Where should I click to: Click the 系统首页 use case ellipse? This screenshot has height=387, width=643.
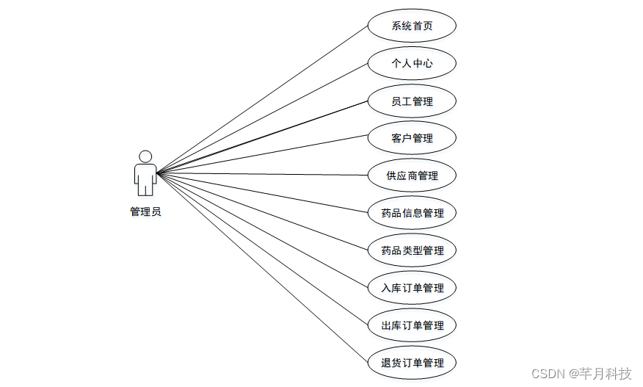click(x=412, y=26)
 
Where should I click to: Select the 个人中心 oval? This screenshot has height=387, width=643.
click(x=412, y=63)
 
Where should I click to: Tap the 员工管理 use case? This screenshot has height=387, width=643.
click(x=412, y=101)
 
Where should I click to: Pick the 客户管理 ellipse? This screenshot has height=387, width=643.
click(x=412, y=138)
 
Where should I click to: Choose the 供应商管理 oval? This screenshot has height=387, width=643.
click(x=412, y=176)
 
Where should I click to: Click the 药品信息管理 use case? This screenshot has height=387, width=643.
click(x=412, y=213)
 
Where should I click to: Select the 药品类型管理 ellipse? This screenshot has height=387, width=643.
click(x=412, y=250)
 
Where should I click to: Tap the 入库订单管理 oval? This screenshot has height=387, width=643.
click(x=412, y=288)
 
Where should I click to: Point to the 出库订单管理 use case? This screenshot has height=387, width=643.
click(x=412, y=325)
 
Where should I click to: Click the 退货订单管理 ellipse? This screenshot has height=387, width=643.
click(x=412, y=363)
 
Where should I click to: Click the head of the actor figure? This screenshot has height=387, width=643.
click(x=145, y=156)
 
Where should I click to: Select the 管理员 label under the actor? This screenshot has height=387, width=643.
click(x=145, y=211)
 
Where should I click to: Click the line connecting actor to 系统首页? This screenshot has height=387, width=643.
click(x=261, y=100)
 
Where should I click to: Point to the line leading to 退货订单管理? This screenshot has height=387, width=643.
click(x=261, y=267)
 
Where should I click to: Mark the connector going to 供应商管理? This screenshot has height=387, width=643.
click(x=261, y=175)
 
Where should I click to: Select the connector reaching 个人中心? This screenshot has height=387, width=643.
click(x=261, y=118)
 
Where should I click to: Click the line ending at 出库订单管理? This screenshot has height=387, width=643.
click(x=261, y=249)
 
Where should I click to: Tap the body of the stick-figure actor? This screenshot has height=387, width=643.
click(x=145, y=178)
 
